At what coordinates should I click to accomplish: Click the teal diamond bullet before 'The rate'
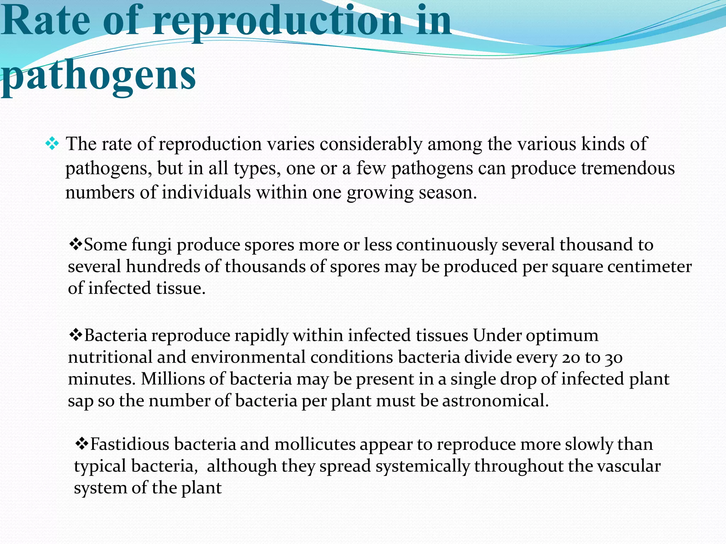point(52,144)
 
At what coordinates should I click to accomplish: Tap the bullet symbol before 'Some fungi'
point(75,244)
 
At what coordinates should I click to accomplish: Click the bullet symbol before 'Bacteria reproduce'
point(75,334)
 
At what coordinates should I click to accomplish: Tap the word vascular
point(629,466)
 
